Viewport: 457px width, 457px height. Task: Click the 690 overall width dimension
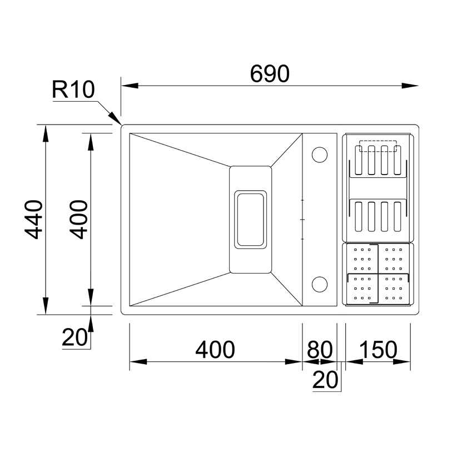point(270,73)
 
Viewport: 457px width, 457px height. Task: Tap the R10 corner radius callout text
point(73,90)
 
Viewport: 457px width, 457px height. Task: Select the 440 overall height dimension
point(34,219)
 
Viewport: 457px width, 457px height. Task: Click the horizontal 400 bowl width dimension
point(215,350)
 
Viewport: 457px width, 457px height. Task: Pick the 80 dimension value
point(319,350)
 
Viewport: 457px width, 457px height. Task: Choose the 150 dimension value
point(377,350)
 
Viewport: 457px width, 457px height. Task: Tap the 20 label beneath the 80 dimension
point(326,380)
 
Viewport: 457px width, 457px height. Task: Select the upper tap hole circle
point(320,154)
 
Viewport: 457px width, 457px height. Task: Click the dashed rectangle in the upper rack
point(378,146)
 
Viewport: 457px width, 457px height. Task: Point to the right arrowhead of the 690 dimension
point(411,86)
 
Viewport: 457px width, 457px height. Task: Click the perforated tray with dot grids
point(378,274)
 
